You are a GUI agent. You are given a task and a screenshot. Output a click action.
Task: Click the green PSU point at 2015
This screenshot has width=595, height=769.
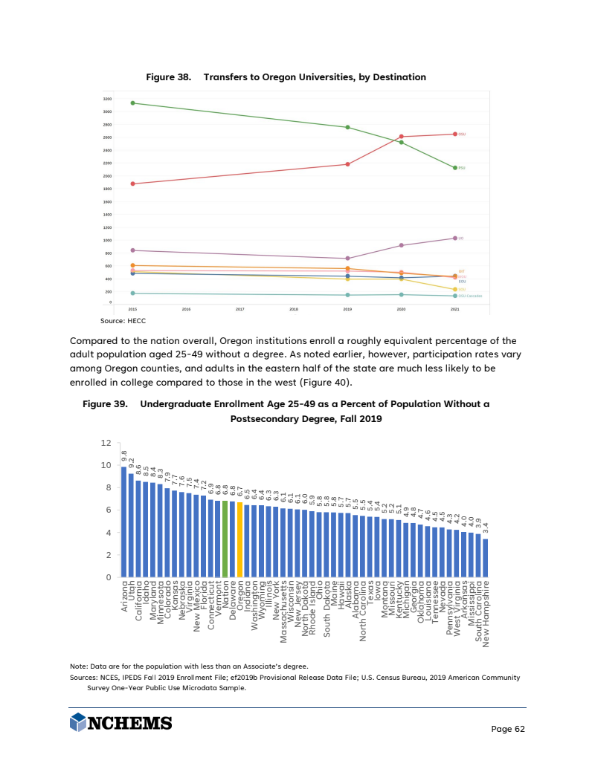pos(132,103)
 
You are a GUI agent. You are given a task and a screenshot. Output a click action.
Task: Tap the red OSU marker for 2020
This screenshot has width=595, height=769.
pos(402,137)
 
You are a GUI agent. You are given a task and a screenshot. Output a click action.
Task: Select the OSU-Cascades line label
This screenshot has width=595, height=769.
pos(470,296)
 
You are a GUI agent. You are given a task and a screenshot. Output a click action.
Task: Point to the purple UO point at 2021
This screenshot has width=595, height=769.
pos(454,238)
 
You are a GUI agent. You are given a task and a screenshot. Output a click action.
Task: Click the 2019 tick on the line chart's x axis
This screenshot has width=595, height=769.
pos(347,308)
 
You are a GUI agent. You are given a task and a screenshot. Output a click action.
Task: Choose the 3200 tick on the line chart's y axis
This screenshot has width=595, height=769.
pos(108,99)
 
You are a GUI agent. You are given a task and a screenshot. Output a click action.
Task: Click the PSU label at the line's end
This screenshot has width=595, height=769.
pos(462,168)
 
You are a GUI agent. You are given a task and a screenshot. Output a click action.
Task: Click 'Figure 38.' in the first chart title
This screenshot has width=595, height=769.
pos(169,77)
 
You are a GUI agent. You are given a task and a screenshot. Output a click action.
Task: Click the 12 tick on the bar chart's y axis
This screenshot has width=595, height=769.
pos(105,443)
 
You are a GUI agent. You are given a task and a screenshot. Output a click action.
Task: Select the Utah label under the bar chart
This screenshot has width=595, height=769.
pos(132,591)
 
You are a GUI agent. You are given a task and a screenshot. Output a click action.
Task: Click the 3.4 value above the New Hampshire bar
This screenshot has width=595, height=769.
pos(486,529)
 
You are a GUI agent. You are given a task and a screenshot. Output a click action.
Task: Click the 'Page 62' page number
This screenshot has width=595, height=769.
pos(509,729)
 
